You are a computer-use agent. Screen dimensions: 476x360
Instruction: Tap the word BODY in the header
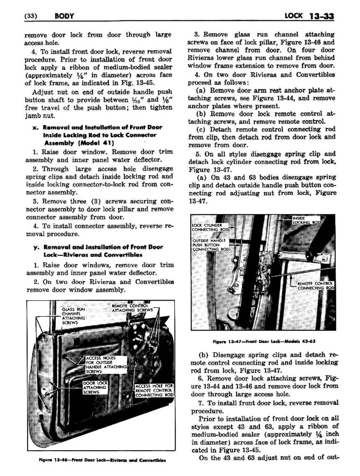[65, 16]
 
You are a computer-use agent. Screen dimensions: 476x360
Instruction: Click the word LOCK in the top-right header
[293, 15]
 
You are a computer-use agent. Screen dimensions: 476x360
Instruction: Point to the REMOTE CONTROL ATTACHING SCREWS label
[132, 308]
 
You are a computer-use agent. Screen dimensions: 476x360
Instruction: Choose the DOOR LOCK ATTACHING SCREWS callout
[95, 388]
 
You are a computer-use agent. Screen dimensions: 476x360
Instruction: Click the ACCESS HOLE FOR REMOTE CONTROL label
[154, 390]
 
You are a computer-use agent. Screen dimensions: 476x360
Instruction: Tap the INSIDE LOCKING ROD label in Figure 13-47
[306, 220]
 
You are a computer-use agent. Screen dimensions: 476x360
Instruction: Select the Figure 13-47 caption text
[264, 341]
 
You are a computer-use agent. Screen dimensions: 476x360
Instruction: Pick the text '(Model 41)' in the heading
[97, 143]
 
